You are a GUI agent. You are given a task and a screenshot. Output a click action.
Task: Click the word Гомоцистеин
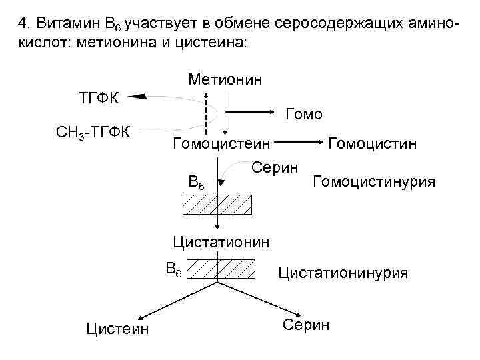tap(221, 143)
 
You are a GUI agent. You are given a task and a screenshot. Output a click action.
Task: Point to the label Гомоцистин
tap(373, 143)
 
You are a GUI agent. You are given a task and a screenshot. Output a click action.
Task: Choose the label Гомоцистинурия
tap(373, 181)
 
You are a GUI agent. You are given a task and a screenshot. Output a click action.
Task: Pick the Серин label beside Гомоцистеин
tap(274, 166)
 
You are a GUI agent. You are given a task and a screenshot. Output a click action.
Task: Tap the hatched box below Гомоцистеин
tap(217, 204)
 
